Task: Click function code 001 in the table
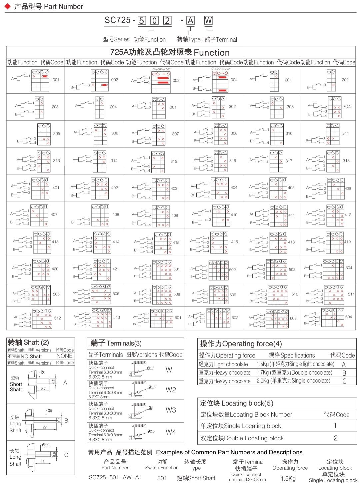tap(56, 80)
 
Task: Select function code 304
tap(347, 106)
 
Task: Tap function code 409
tap(175, 215)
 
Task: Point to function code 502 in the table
tap(232, 270)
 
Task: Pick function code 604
tap(348, 317)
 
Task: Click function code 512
tap(57, 318)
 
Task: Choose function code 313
tap(57, 161)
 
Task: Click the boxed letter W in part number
tap(208, 21)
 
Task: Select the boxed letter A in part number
tap(190, 21)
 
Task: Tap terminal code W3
tap(171, 410)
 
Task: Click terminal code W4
tap(171, 432)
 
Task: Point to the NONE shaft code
tap(64, 356)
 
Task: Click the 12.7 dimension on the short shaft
tap(42, 389)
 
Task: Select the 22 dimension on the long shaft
tap(45, 427)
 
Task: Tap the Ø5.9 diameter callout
tap(46, 445)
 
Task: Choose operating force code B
tap(344, 373)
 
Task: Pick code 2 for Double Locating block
tap(336, 438)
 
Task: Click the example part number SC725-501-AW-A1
tap(115, 477)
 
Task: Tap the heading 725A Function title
tap(170, 52)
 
